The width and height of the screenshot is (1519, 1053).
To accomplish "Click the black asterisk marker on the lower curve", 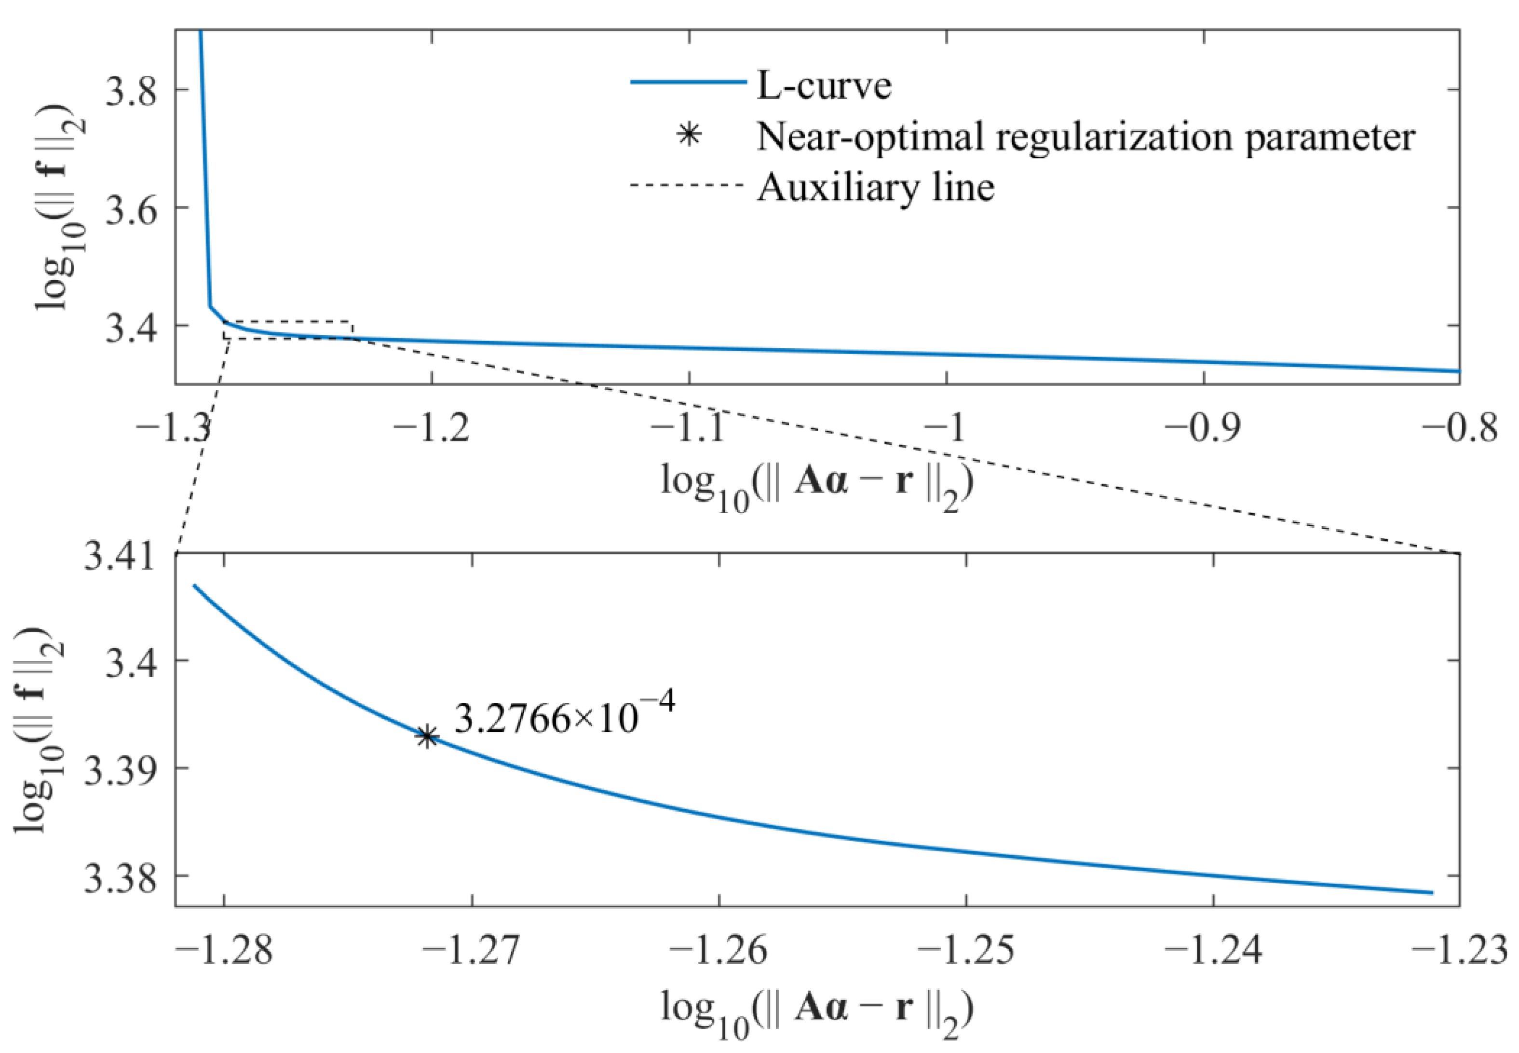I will click(x=427, y=737).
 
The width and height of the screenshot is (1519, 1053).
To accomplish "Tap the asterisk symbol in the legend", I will click(x=689, y=136).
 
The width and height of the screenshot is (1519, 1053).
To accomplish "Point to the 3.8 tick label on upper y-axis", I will click(x=131, y=90).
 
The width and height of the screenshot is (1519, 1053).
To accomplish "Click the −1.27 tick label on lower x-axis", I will click(x=471, y=951).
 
